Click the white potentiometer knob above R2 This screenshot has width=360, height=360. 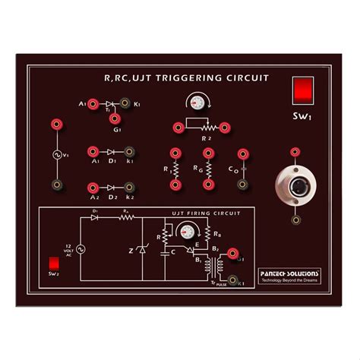pyautogui.click(x=200, y=103)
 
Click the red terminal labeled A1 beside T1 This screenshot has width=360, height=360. pyautogui.click(x=93, y=103)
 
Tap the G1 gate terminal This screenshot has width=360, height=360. pyautogui.click(x=118, y=118)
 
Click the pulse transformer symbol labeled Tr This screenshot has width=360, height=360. pyautogui.click(x=217, y=267)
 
